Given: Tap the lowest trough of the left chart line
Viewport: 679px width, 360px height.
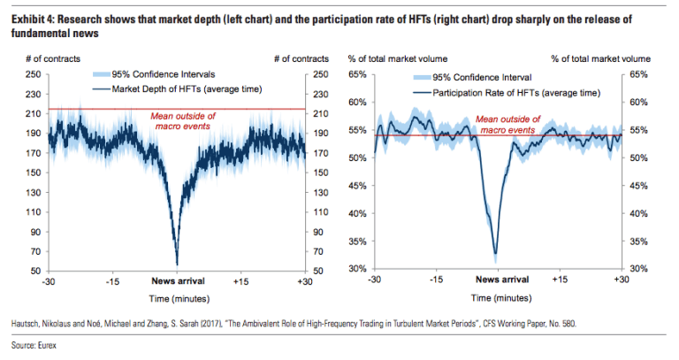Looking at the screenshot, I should [x=178, y=263].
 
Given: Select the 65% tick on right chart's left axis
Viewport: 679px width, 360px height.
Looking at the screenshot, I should [x=357, y=76].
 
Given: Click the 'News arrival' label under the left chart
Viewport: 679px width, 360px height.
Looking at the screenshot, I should [x=177, y=280].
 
